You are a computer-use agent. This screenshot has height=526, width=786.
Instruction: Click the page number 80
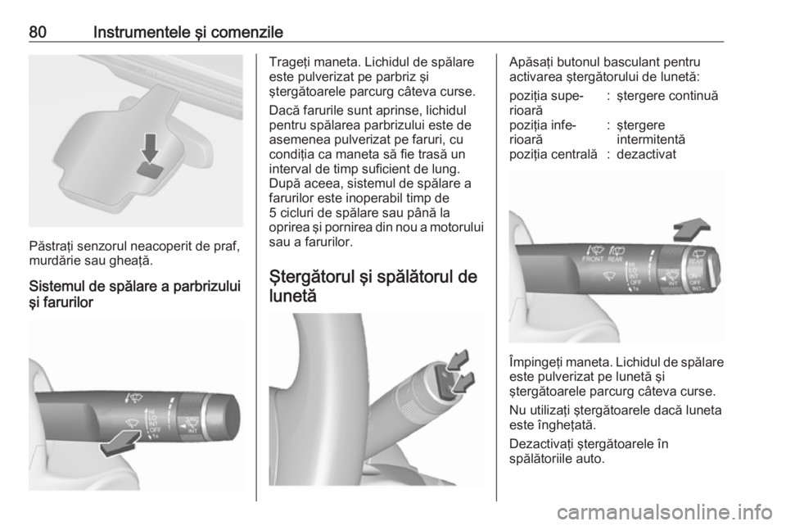click(38, 33)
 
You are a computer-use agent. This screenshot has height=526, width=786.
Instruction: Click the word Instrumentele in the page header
click(142, 33)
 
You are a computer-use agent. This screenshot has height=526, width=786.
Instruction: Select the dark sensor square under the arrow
click(149, 170)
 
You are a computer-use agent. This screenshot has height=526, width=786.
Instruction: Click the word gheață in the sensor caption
click(135, 261)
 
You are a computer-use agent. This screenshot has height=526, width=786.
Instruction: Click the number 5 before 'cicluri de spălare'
click(273, 212)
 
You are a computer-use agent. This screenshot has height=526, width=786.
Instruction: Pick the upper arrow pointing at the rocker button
click(457, 360)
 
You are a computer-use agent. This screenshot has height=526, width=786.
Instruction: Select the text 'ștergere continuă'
click(667, 96)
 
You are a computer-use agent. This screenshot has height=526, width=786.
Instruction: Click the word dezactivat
click(646, 154)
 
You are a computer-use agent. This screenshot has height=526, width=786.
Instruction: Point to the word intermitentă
click(651, 139)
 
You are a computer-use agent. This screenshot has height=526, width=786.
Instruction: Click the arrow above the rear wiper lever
click(691, 230)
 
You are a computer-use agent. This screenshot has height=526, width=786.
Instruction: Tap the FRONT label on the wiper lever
click(593, 259)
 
